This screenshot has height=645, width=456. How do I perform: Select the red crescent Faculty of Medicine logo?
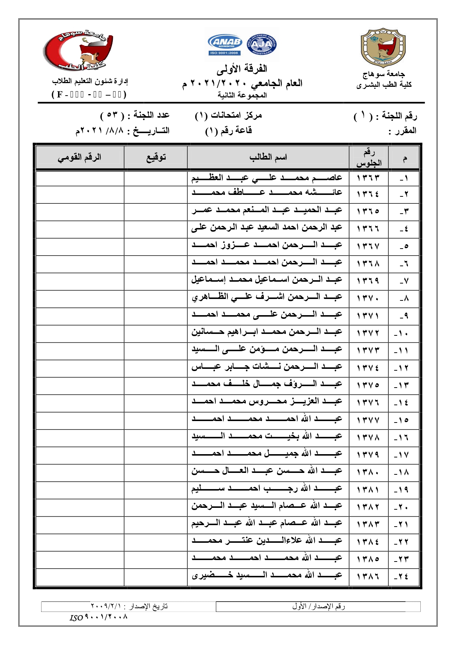point(79,51)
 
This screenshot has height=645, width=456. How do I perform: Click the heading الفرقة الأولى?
point(242,69)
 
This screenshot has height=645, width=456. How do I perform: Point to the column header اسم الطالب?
point(268,157)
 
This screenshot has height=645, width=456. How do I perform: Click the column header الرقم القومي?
point(79,157)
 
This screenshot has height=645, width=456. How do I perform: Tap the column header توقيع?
point(156,157)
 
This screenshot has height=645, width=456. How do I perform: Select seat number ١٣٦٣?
point(368,178)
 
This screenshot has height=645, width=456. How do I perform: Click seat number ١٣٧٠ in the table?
point(368,298)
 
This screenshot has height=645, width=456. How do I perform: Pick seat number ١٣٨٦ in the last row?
point(368,576)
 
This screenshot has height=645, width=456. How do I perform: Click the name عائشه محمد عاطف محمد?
point(267,192)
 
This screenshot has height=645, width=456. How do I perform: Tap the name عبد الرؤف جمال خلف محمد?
point(267,384)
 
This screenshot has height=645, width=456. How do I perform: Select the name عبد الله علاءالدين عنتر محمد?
point(267,541)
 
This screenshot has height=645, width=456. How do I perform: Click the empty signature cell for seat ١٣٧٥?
point(155,385)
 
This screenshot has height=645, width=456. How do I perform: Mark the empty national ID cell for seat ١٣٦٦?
point(80,229)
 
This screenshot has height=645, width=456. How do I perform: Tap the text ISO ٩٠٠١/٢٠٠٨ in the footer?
point(98,617)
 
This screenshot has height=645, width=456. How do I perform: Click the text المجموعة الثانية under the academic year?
point(242,95)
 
